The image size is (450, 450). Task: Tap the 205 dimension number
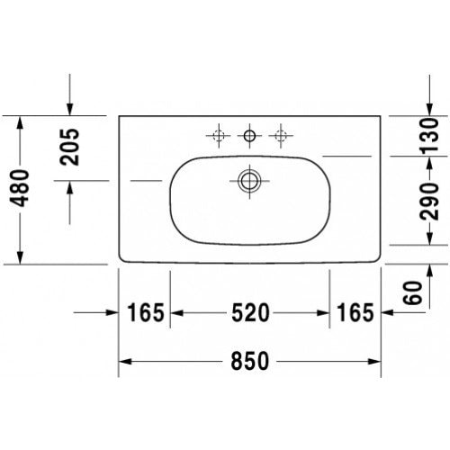71,148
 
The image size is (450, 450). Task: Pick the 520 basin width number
249,313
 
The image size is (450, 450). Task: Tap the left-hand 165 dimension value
145,313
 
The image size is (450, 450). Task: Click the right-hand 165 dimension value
355,313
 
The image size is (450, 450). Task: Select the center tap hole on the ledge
249,136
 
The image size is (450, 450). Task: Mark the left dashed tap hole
216,136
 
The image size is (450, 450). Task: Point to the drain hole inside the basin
249,180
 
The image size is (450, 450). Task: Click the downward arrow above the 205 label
70,108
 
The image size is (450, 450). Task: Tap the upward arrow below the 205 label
70,188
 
